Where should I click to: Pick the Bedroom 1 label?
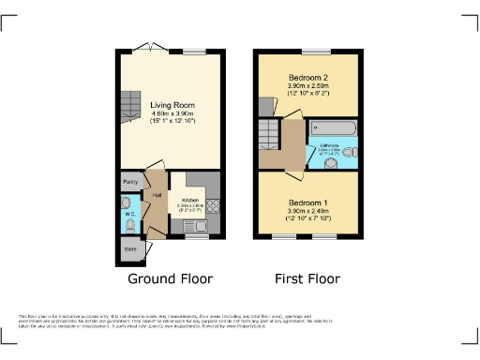pyautogui.click(x=306, y=202)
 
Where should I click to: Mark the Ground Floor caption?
pyautogui.click(x=170, y=278)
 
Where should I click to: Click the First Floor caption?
pyautogui.click(x=307, y=278)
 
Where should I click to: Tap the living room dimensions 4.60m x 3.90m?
pyautogui.click(x=172, y=115)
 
